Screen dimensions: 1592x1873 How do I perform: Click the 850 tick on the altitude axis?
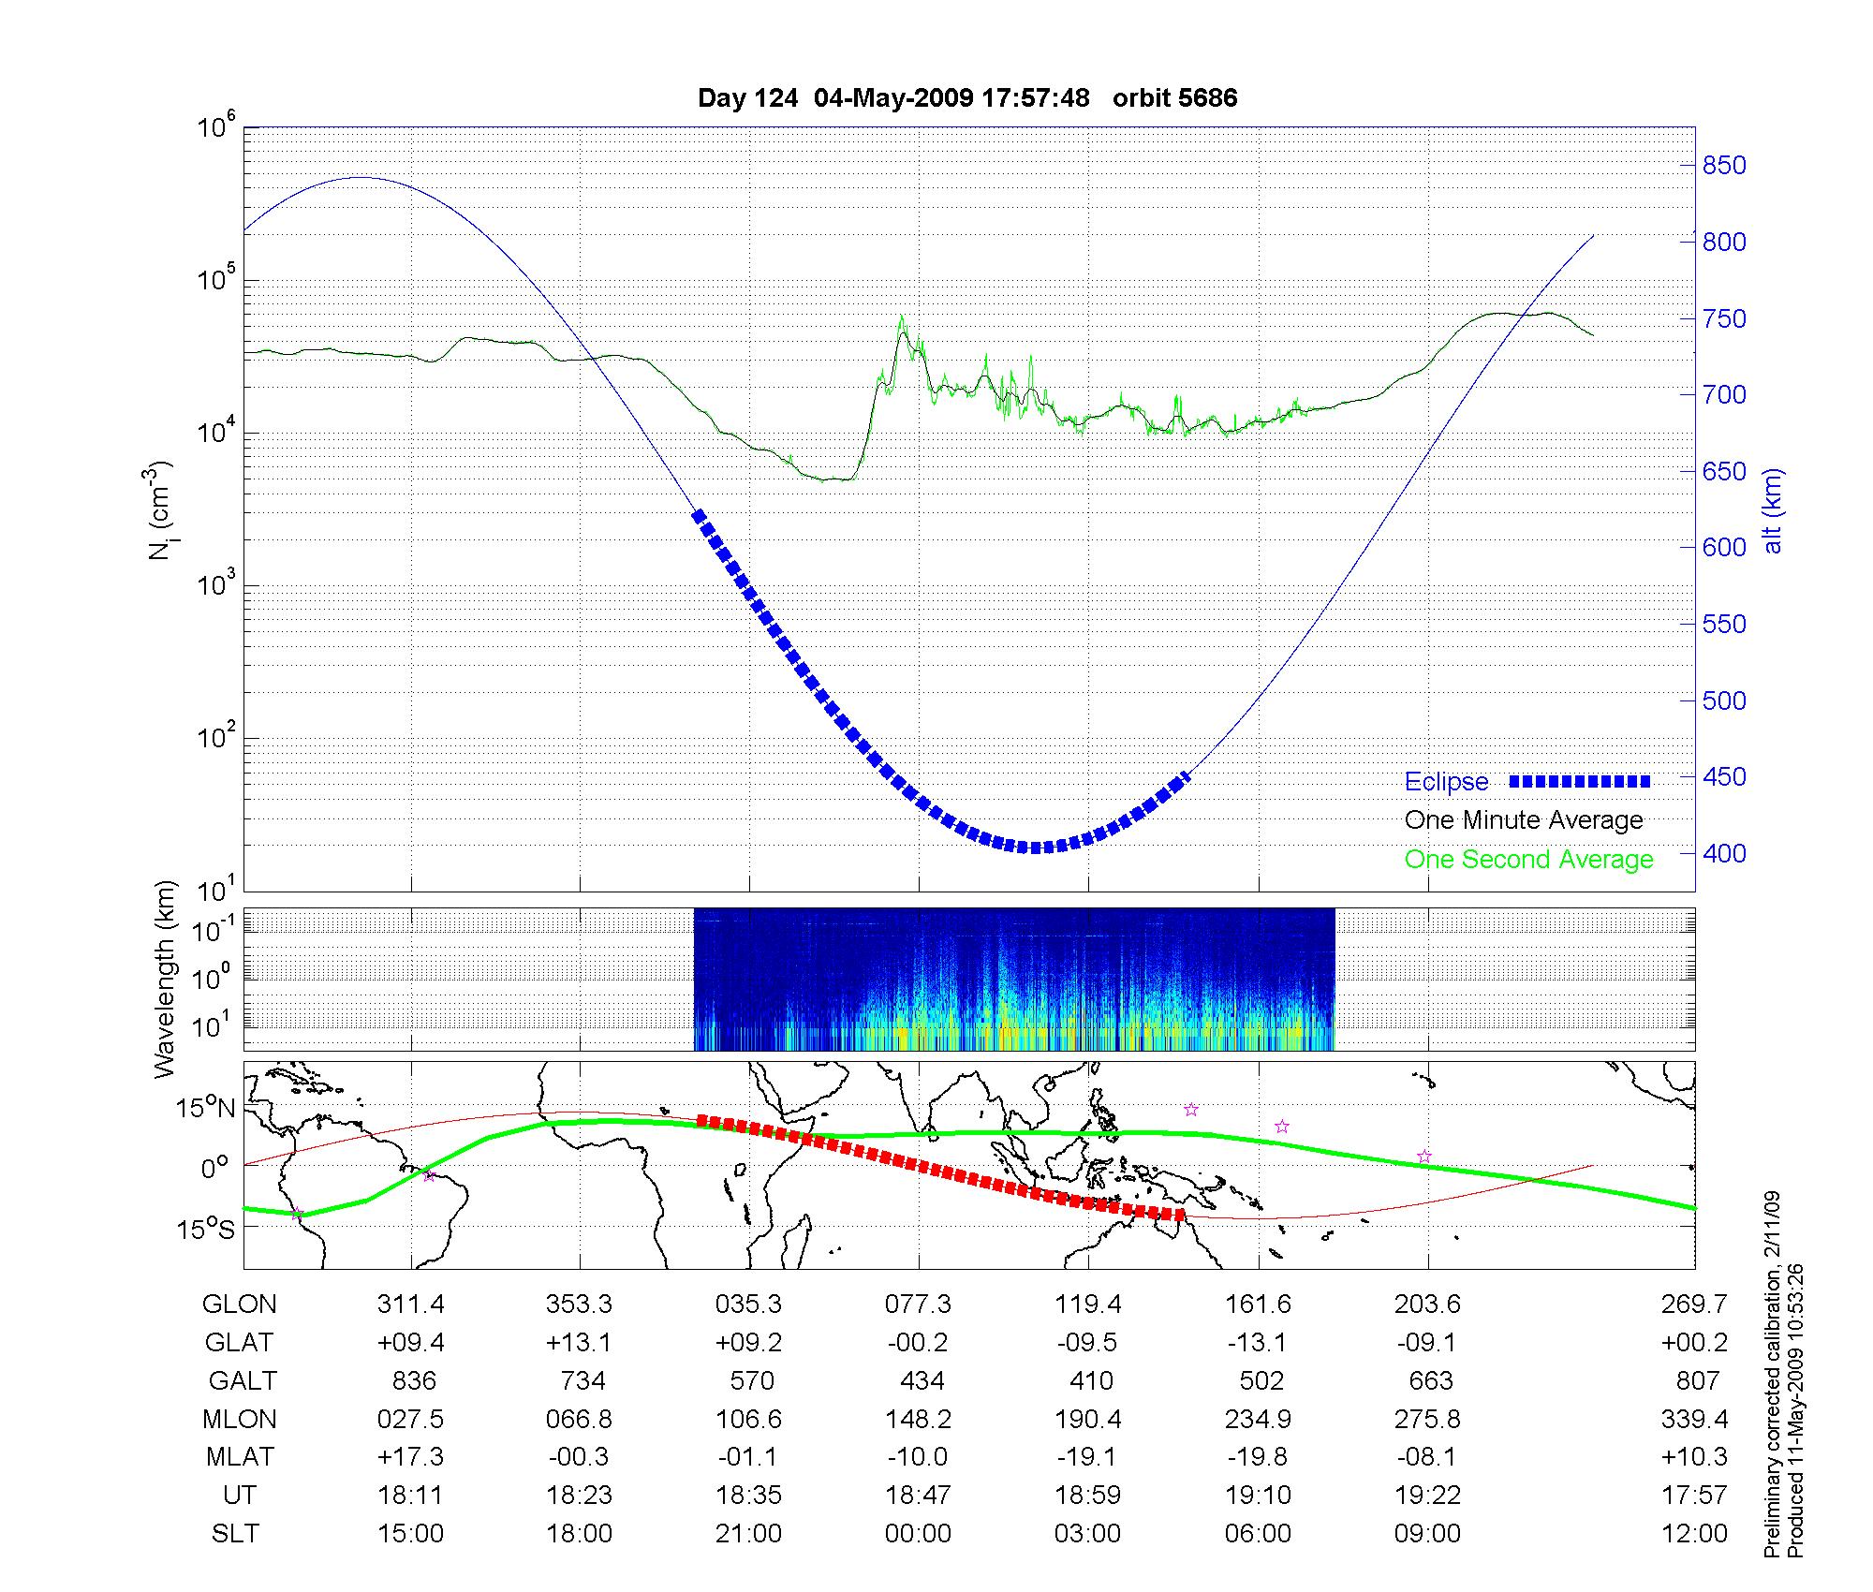tap(1723, 166)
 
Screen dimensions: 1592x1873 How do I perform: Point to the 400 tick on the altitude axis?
tap(1723, 853)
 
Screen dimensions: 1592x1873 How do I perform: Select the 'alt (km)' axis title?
tap(1773, 510)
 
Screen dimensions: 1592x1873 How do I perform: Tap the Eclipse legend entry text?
tap(1446, 782)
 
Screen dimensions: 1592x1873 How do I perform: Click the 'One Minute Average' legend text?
tap(1524, 820)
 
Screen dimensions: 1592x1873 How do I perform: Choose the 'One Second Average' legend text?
tap(1528, 860)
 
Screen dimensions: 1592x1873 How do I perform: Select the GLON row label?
tap(240, 1305)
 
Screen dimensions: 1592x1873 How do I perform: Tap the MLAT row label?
tap(240, 1457)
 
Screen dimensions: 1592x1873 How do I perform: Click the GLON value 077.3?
tap(918, 1305)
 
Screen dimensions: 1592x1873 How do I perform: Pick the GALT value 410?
tap(1091, 1381)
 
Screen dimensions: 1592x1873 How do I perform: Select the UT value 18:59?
tap(1088, 1496)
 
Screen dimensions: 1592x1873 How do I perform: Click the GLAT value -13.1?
tap(1257, 1343)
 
